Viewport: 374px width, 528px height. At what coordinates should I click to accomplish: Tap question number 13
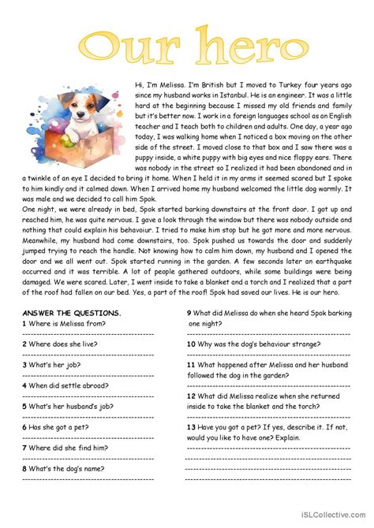click(191, 426)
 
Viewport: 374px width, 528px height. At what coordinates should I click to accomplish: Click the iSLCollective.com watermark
click(334, 520)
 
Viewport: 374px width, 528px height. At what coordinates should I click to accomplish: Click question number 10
click(191, 344)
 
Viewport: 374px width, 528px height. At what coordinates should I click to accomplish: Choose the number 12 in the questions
click(191, 396)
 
